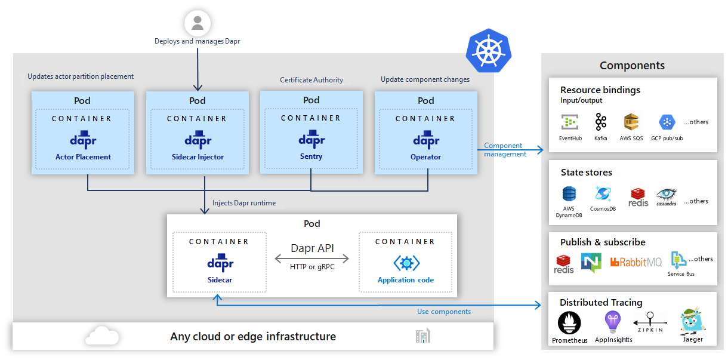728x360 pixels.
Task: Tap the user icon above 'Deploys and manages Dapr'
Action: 198,24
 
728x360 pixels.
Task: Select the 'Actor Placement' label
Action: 83,157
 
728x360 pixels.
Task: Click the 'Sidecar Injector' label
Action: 198,157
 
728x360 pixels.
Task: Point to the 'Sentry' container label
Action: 311,156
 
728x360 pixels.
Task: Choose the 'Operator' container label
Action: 425,157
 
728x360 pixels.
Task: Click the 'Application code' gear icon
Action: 406,263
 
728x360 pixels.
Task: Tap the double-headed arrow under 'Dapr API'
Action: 311,259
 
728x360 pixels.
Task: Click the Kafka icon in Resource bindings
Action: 600,123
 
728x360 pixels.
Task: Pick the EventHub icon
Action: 570,122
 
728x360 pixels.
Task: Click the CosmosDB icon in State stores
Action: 603,194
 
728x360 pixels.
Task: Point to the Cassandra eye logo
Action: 667,195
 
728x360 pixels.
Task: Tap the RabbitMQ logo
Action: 636,261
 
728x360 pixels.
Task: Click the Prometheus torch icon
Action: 569,323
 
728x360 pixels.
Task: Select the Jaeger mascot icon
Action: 693,322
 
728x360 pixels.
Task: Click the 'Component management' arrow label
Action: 505,150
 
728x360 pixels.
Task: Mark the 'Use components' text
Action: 443,312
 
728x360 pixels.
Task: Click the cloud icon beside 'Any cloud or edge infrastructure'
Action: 102,336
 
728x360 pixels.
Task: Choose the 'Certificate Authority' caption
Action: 311,80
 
